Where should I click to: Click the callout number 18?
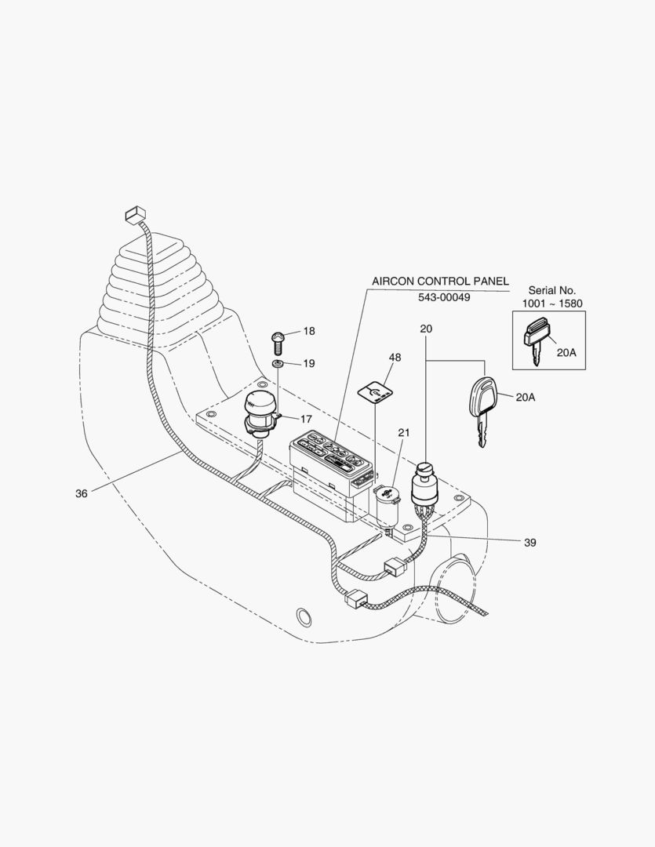[x=309, y=332]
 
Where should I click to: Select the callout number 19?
[x=309, y=363]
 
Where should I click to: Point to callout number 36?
[x=81, y=493]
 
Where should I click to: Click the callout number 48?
[x=395, y=358]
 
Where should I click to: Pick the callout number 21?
[x=404, y=432]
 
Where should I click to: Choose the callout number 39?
[x=529, y=542]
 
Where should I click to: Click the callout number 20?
[x=426, y=329]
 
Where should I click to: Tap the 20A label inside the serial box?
[x=566, y=353]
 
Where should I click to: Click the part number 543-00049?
[x=444, y=298]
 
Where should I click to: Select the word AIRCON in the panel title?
[x=395, y=281]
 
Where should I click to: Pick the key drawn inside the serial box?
[x=535, y=339]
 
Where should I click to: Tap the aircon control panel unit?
[x=329, y=463]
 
